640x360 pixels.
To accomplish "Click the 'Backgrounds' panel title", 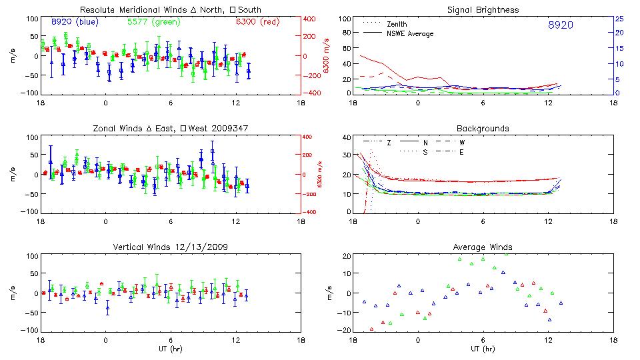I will click(x=483, y=128).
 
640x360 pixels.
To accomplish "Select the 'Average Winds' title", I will click(x=483, y=247).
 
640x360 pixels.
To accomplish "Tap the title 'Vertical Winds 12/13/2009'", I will click(x=171, y=247).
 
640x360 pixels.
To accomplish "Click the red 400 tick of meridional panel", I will click(x=312, y=19).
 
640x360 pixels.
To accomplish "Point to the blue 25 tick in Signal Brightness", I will click(x=619, y=19).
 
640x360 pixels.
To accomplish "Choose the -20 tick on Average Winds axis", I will click(x=345, y=330).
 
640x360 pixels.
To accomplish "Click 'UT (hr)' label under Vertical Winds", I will click(x=171, y=349).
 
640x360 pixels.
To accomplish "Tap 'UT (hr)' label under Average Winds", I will click(x=483, y=349).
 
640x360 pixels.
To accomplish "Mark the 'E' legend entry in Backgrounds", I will click(x=461, y=152).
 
